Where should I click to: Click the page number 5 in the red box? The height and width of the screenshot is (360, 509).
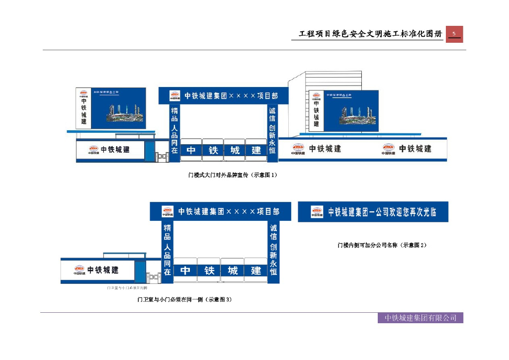point(454,34)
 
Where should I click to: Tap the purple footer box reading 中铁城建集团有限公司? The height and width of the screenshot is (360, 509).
point(420,318)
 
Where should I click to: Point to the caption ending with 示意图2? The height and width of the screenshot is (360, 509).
point(382,245)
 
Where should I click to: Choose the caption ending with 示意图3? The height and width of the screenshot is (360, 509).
point(184,300)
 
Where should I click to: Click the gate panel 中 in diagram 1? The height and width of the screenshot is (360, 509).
point(191,150)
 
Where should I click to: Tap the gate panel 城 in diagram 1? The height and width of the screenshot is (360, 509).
point(235,150)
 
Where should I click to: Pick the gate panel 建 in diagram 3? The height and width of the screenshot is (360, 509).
point(256,270)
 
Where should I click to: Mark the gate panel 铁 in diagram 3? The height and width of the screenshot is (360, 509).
point(209,270)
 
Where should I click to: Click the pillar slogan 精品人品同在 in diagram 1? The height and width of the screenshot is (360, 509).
point(174,130)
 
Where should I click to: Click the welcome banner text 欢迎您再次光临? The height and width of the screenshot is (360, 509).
point(406,212)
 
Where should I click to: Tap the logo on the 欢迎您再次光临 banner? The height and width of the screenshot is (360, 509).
point(317,212)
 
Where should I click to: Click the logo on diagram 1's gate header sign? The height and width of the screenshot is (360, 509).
point(174,96)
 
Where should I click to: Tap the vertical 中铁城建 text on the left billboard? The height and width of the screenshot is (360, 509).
point(84,111)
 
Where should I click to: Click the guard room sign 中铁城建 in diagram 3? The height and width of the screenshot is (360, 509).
point(103,270)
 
